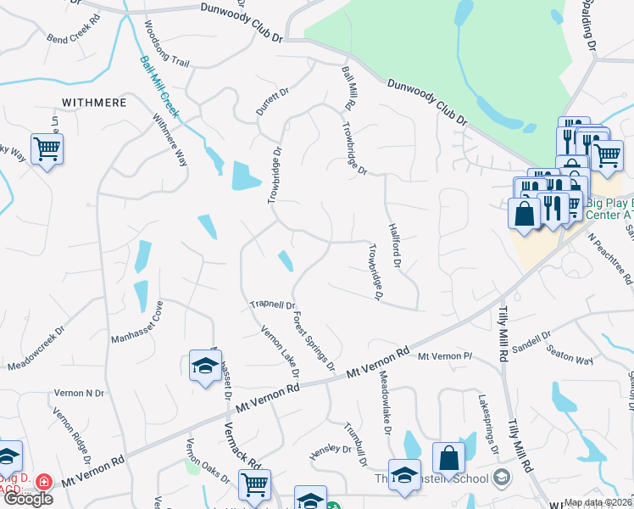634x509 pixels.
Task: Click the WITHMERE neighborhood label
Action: click(x=94, y=102)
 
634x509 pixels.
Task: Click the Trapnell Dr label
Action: click(x=272, y=305)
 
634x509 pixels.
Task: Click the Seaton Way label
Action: click(x=569, y=355)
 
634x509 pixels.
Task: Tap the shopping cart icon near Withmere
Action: click(x=47, y=150)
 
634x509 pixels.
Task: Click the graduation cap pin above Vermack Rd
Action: click(x=203, y=366)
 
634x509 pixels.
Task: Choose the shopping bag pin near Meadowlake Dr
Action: click(x=448, y=458)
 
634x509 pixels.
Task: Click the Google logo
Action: click(x=27, y=499)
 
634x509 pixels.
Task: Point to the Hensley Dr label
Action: click(x=331, y=449)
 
